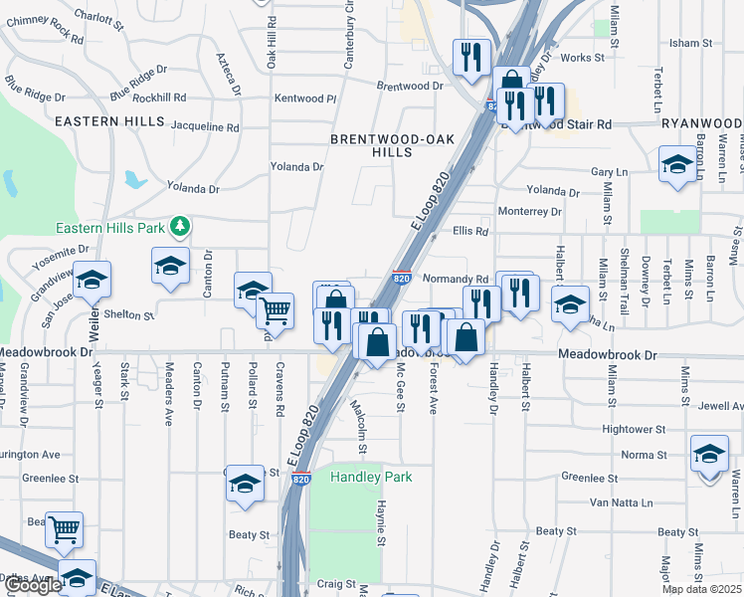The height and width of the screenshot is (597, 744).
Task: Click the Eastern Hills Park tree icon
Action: click(180, 228)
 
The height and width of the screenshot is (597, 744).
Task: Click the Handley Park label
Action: click(371, 478)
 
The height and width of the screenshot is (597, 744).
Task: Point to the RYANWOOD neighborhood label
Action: click(700, 122)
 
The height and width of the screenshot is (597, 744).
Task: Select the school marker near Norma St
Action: click(709, 456)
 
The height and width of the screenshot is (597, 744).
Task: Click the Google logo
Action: click(33, 585)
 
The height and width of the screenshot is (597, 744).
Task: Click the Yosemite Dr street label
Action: click(63, 254)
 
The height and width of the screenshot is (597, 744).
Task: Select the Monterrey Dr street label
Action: click(530, 211)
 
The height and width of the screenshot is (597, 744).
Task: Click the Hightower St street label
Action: click(633, 429)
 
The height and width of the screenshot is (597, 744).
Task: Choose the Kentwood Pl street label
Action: click(305, 99)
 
